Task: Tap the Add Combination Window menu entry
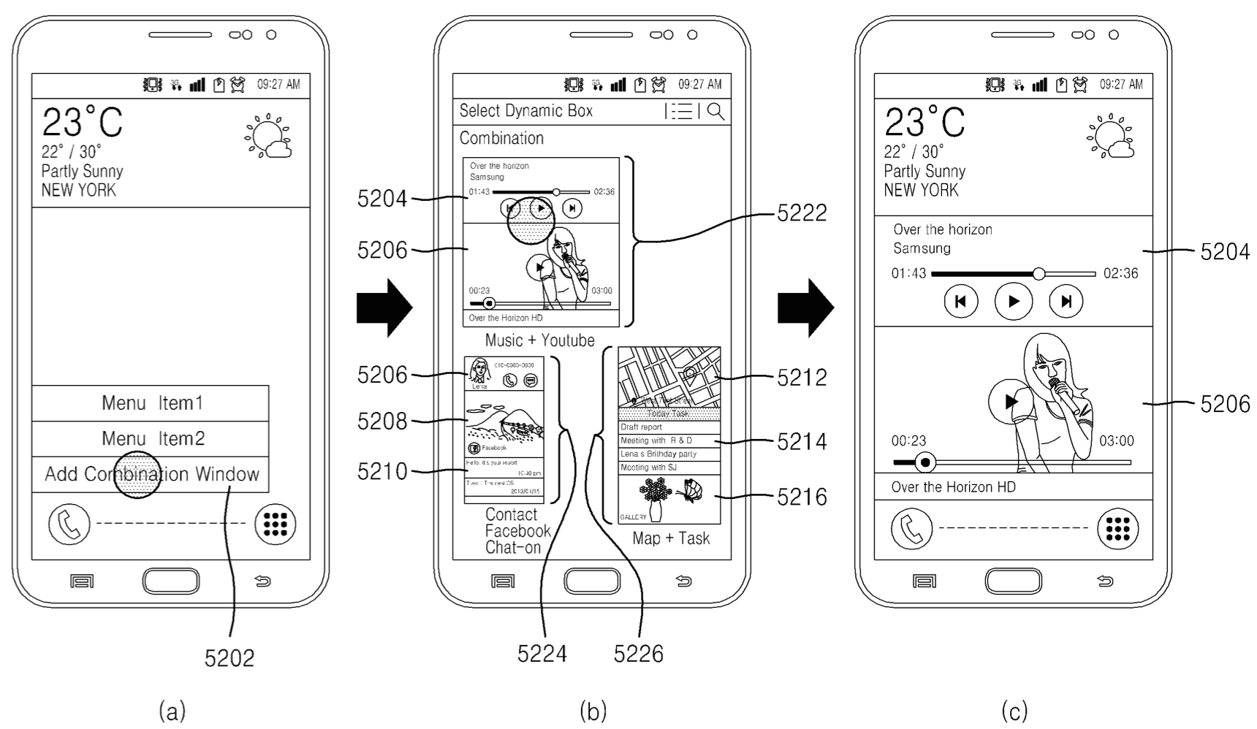151,474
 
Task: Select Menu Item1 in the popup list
151,403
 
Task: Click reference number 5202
229,658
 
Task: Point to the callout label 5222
802,213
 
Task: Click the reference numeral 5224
542,653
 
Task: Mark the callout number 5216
802,497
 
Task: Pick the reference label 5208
381,421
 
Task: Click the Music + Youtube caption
539,340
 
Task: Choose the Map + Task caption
671,538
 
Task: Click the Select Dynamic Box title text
525,111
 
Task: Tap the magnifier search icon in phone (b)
716,111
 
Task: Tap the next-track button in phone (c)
1066,301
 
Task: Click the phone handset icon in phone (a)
69,524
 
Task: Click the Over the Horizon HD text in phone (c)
953,487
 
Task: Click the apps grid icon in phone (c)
1117,528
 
